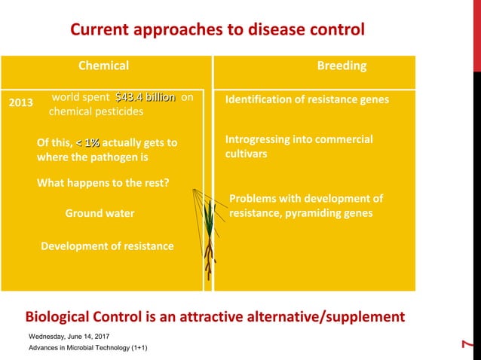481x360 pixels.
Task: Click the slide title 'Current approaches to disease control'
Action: [217, 29]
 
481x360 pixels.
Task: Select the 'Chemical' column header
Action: [104, 66]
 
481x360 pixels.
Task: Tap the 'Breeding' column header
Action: [342, 66]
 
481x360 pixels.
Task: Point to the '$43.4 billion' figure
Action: [145, 97]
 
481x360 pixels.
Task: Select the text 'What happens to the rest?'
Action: [103, 182]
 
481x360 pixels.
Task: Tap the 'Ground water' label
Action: [100, 213]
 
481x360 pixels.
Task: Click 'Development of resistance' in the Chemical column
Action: [106, 246]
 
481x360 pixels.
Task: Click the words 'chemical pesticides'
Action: [97, 111]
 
